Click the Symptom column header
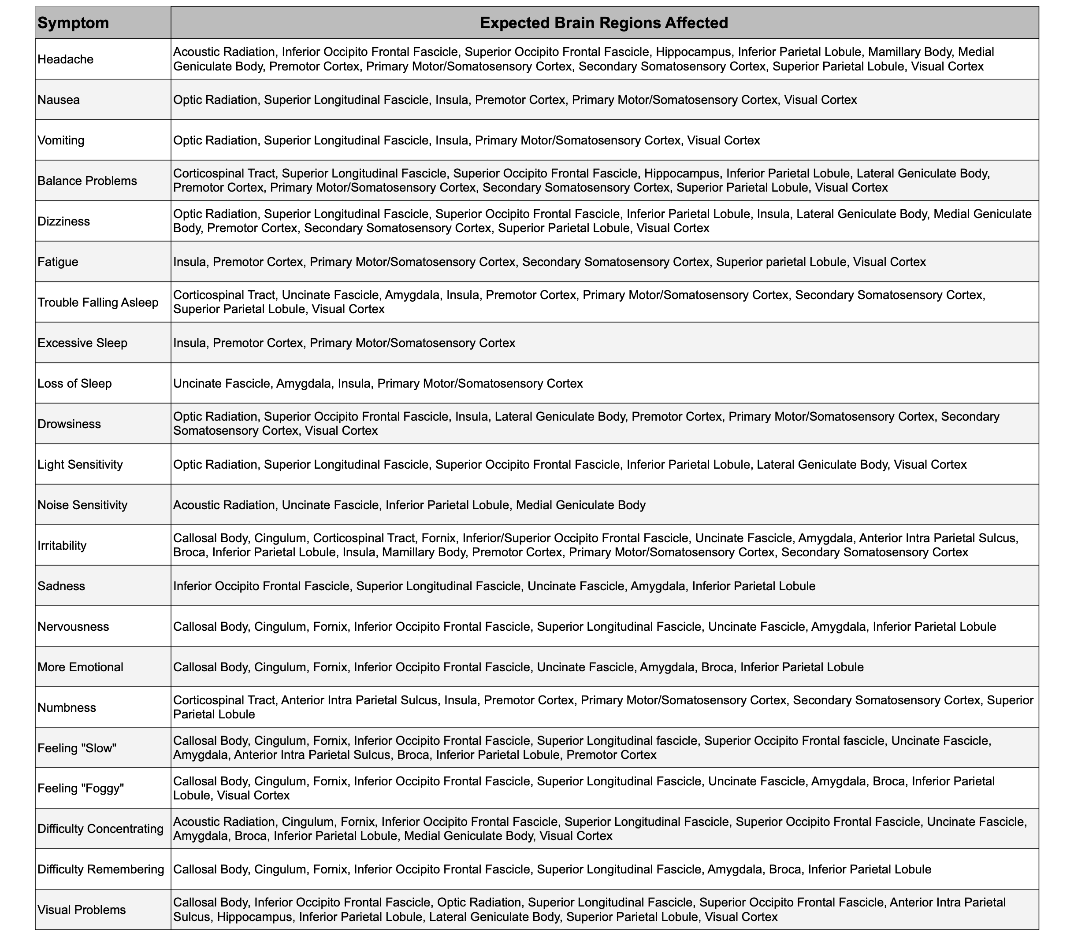pos(73,23)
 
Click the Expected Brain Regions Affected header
pos(604,23)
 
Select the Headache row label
pos(65,59)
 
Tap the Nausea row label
pos(59,100)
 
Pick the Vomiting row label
pos(61,140)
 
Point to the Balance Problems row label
pos(87,181)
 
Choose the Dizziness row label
pos(64,222)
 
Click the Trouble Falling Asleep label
pos(98,303)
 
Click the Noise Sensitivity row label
pos(82,505)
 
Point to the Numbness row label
pos(67,708)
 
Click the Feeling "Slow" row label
pos(77,748)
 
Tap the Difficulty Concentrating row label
pos(100,829)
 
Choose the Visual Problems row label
pos(82,910)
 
